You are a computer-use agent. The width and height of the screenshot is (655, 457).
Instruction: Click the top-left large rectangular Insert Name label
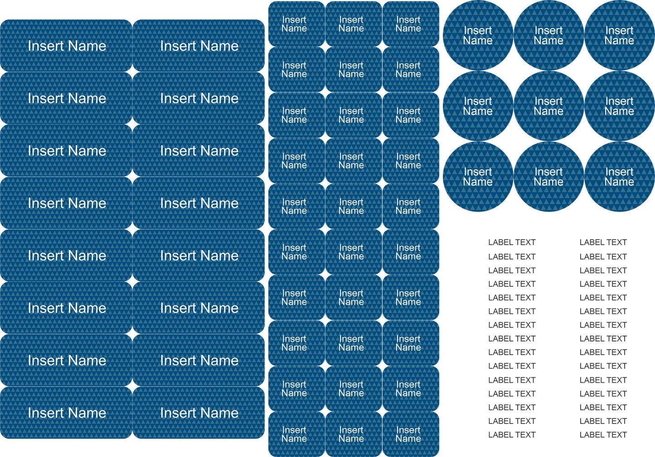pos(67,46)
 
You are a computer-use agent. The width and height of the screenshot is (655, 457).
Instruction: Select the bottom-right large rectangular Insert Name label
pos(199,413)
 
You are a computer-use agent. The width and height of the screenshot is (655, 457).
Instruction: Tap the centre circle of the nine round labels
pos(548,106)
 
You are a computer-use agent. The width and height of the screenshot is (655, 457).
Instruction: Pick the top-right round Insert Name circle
pos(619,35)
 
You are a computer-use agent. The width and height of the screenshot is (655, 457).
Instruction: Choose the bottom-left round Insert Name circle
pos(478,177)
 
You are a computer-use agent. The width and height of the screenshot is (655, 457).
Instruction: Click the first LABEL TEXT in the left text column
pos(512,243)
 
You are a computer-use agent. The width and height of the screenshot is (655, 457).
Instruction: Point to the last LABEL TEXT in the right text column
pos(603,435)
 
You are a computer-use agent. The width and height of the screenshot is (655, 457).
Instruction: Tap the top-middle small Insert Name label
pos(351,24)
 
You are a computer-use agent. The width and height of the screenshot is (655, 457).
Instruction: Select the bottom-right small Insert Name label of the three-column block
pos(408,434)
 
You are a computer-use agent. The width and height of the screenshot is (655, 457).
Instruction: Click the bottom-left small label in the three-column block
pos(294,434)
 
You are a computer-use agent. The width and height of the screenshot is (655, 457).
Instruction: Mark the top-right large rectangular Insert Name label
pos(199,46)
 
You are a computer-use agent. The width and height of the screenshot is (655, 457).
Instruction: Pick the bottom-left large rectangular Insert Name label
pos(67,413)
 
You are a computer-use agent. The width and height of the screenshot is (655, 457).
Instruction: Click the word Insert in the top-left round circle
pos(478,30)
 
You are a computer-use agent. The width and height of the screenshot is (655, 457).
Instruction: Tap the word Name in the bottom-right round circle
pos(619,182)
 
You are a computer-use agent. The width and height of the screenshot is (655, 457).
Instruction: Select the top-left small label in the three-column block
pos(294,24)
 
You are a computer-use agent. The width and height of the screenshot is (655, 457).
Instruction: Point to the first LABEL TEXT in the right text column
pos(603,243)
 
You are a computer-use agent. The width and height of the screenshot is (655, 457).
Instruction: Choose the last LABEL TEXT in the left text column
pos(512,435)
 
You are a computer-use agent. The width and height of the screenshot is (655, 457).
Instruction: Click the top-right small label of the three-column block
pos(408,24)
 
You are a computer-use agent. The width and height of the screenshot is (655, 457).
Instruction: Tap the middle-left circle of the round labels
pos(478,106)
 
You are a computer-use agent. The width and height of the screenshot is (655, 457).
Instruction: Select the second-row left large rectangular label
pos(67,98)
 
